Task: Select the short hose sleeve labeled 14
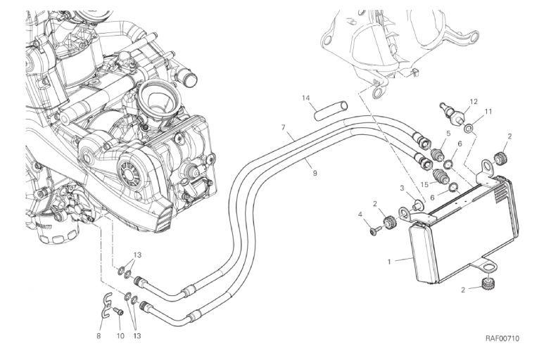pyautogui.click(x=331, y=108)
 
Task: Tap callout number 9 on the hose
pyautogui.click(x=315, y=172)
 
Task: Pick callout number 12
pyautogui.click(x=474, y=101)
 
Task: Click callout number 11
pyautogui.click(x=488, y=111)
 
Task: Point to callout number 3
pyautogui.click(x=402, y=188)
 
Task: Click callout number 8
pyautogui.click(x=99, y=337)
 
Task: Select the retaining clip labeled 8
pyautogui.click(x=105, y=303)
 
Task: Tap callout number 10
pyautogui.click(x=120, y=337)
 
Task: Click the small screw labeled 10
pyautogui.click(x=118, y=311)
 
